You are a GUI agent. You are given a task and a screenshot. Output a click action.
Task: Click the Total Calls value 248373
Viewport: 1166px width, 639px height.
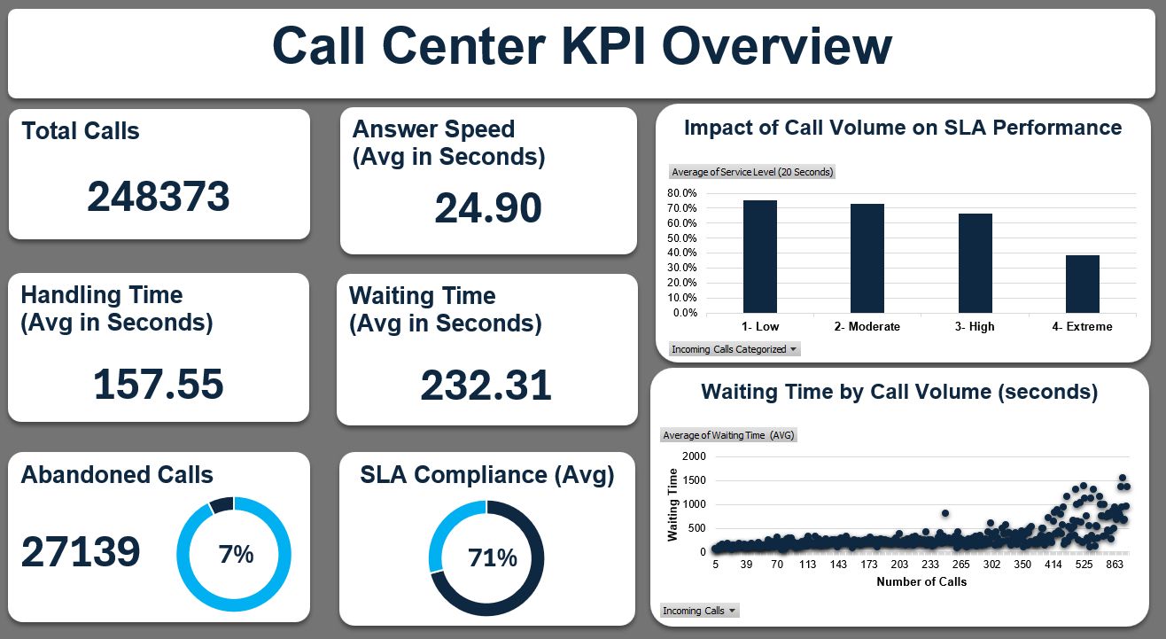(159, 197)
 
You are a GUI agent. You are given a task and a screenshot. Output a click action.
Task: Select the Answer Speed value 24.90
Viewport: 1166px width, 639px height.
(487, 208)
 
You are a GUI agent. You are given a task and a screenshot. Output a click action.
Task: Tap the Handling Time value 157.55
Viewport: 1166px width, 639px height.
(159, 385)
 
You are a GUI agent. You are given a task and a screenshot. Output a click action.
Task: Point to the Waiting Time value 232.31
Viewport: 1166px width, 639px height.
(486, 386)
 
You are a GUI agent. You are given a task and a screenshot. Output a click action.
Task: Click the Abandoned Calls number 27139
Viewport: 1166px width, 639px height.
(81, 552)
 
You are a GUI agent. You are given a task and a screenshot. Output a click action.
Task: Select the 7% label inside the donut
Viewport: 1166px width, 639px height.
(236, 555)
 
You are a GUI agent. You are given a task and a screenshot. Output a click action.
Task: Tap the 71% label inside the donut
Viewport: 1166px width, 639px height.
(493, 558)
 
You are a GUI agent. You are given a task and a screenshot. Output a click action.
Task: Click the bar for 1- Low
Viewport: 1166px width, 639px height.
(759, 257)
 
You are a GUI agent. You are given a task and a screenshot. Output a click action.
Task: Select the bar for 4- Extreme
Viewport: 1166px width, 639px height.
(1082, 284)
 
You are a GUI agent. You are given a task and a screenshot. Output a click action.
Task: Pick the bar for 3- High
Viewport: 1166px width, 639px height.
(975, 263)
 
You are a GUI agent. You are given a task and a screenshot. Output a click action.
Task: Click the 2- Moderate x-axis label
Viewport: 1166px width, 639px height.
(867, 327)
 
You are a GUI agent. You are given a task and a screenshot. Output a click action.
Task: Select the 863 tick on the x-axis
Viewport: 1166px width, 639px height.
(1115, 565)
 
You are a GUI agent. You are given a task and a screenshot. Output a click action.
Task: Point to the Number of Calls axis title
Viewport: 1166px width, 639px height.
(921, 582)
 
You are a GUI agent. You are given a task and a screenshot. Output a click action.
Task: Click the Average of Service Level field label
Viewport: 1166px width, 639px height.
(752, 172)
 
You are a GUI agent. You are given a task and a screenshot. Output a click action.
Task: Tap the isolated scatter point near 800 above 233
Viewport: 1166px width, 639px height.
(945, 513)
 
